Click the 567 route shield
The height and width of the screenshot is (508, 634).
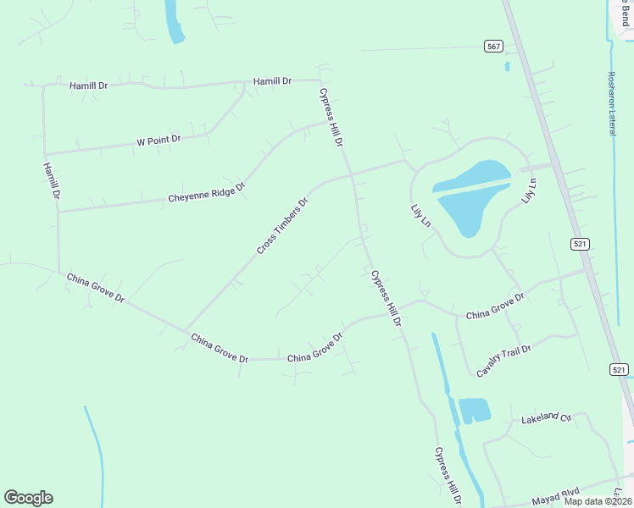pyautogui.click(x=493, y=46)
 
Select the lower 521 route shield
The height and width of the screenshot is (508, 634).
pyautogui.click(x=618, y=369)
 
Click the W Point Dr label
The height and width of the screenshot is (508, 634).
pyautogui.click(x=158, y=141)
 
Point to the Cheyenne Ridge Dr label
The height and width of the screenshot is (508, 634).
pyautogui.click(x=206, y=192)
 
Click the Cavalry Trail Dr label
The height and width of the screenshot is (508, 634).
pyautogui.click(x=503, y=361)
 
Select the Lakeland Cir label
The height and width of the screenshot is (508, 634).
pyautogui.click(x=547, y=418)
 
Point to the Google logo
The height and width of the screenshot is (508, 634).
pyautogui.click(x=28, y=498)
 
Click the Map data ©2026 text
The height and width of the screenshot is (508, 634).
pyautogui.click(x=598, y=501)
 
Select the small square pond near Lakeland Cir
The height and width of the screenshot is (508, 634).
pyautogui.click(x=474, y=410)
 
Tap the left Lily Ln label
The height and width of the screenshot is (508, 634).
pyautogui.click(x=420, y=214)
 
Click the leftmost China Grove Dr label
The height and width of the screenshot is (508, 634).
pyautogui.click(x=95, y=288)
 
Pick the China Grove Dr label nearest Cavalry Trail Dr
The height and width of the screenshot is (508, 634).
pyautogui.click(x=495, y=306)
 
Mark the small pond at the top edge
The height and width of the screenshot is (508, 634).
pyautogui.click(x=175, y=22)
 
